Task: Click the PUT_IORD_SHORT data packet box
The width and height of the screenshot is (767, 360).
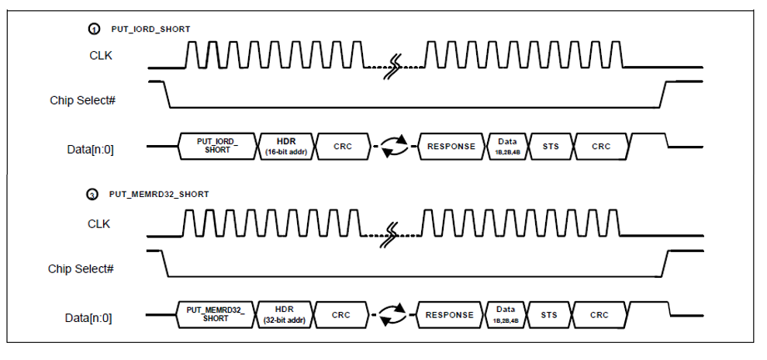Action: [x=217, y=146]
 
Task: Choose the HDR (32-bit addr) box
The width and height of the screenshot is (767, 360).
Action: [x=283, y=314]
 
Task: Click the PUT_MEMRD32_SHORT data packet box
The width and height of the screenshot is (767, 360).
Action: [x=215, y=314]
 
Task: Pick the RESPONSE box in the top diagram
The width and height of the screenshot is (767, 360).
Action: [x=451, y=146]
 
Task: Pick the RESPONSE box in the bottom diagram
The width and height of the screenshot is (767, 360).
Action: [x=450, y=315]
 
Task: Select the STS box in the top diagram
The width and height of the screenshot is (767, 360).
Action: [x=549, y=146]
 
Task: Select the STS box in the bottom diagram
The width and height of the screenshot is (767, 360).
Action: [x=549, y=315]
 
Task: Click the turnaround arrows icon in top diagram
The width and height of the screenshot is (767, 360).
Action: [x=394, y=147]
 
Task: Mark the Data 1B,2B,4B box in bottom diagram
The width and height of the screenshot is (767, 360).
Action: [x=506, y=314]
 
